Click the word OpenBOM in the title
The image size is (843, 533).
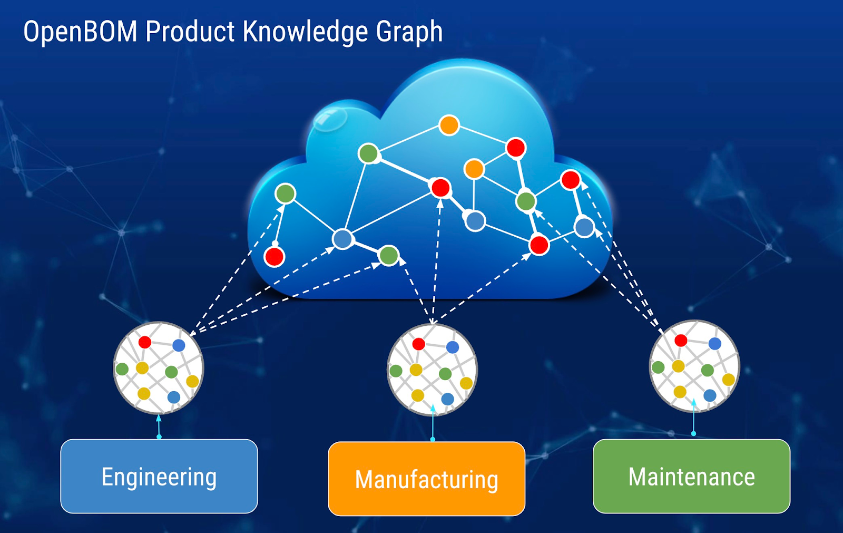click(x=80, y=32)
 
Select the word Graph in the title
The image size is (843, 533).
click(x=409, y=32)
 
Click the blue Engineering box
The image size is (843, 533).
click(x=159, y=476)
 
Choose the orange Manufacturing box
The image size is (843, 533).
click(x=426, y=479)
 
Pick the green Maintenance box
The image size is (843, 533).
click(x=691, y=476)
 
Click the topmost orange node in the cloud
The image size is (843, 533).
click(x=449, y=125)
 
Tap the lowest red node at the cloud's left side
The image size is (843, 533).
click(x=274, y=257)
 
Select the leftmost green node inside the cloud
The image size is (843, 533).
click(x=285, y=193)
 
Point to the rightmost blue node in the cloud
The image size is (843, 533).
click(x=584, y=227)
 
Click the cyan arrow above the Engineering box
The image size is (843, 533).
click(x=159, y=426)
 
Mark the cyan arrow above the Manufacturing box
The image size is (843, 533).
click(x=433, y=422)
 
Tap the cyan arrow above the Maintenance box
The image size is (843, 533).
click(x=693, y=416)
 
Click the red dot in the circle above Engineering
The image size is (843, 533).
click(x=145, y=342)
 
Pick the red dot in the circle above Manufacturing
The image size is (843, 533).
click(x=418, y=344)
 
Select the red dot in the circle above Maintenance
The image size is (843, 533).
click(x=681, y=341)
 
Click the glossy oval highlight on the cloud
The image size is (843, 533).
click(x=330, y=119)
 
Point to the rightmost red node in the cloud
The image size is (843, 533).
click(x=571, y=180)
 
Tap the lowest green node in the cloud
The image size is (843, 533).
click(x=389, y=256)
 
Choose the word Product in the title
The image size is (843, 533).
click(x=190, y=32)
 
